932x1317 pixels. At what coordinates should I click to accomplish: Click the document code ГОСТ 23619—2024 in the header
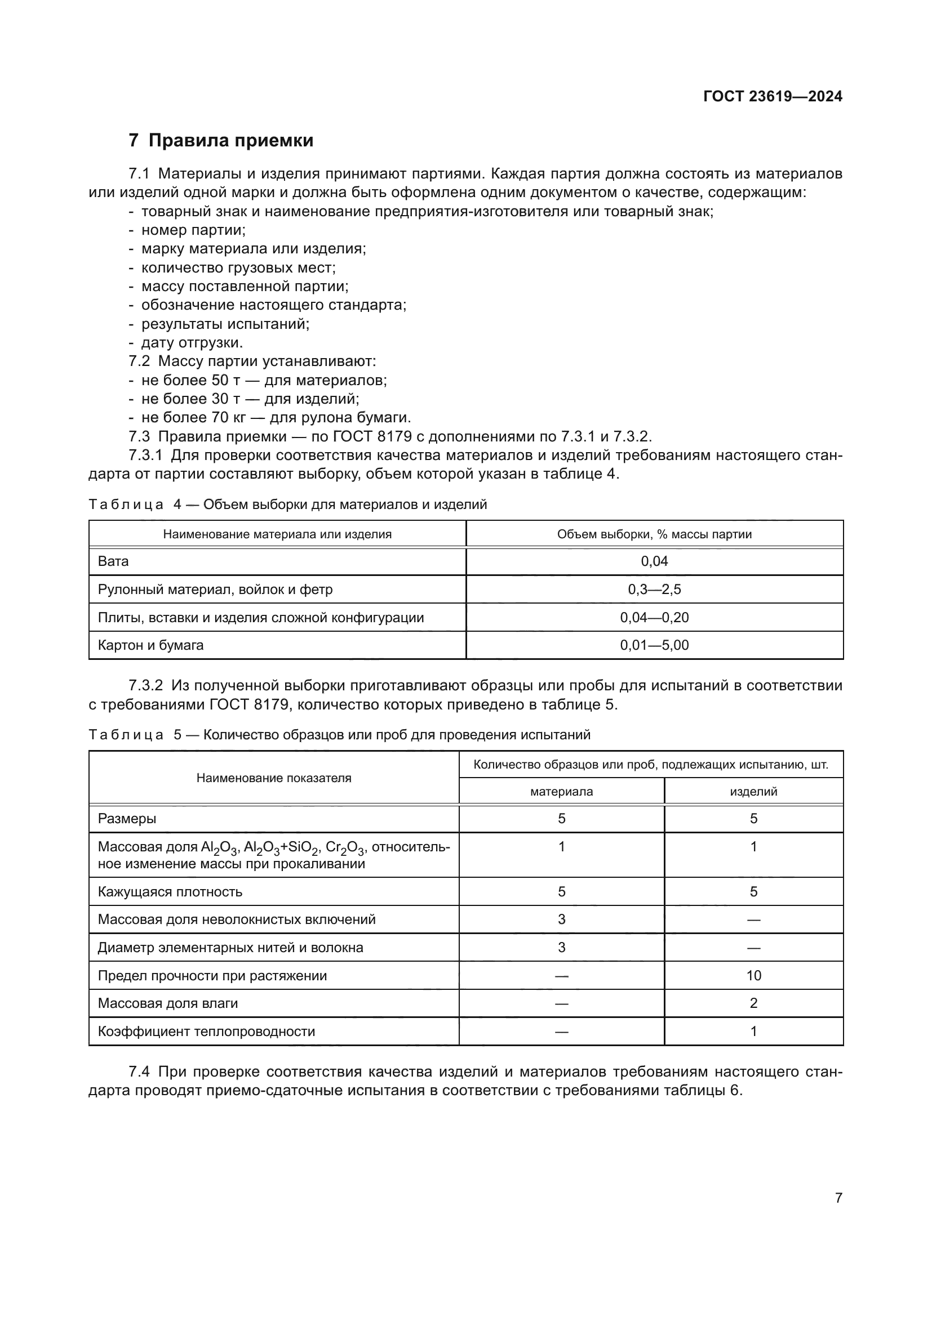773,96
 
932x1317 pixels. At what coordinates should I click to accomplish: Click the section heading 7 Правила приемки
221,141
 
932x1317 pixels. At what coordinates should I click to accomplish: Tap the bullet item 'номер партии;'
193,230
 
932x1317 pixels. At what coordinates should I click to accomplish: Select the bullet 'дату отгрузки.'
192,342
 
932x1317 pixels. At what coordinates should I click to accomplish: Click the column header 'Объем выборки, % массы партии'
654,534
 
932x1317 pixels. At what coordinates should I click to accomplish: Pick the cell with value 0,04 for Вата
654,561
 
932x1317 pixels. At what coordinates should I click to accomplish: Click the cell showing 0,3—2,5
654,589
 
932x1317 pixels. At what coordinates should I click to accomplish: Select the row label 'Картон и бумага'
150,645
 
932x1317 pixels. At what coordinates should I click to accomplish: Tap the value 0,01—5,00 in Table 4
654,645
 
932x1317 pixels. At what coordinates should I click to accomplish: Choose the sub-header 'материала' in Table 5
561,792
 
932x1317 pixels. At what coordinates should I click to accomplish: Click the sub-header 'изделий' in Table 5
753,792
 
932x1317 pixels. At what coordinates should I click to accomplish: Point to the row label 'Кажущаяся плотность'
170,892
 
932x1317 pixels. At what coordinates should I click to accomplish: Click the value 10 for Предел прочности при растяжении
753,976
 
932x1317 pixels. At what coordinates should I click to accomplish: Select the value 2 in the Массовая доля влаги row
753,1003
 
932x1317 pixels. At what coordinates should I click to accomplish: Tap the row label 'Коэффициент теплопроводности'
206,1032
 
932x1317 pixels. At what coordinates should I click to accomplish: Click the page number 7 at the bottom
838,1198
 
